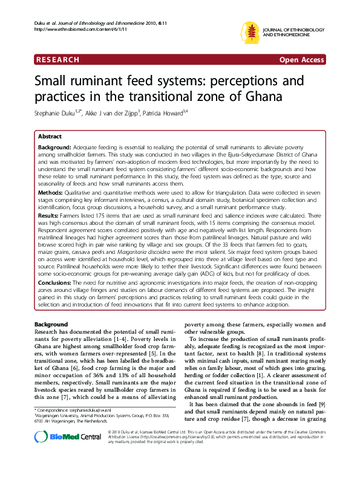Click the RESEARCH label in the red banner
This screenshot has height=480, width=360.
(59, 60)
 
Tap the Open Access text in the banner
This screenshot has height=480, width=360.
(301, 60)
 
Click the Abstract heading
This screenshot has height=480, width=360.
(50, 137)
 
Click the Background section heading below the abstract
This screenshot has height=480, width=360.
(51, 325)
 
